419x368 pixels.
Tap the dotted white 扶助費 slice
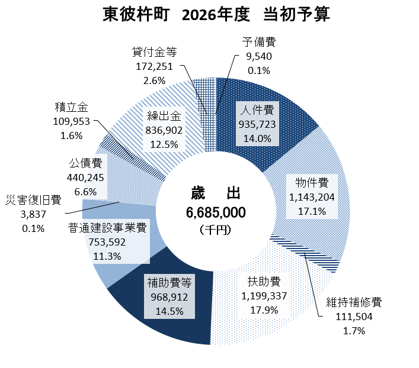tap(249, 319)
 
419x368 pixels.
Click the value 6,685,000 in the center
tap(216, 212)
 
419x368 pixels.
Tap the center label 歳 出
tap(216, 193)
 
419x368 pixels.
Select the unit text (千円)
tap(216, 228)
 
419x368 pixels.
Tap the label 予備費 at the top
tap(258, 43)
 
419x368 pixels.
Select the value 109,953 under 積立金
tap(71, 121)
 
